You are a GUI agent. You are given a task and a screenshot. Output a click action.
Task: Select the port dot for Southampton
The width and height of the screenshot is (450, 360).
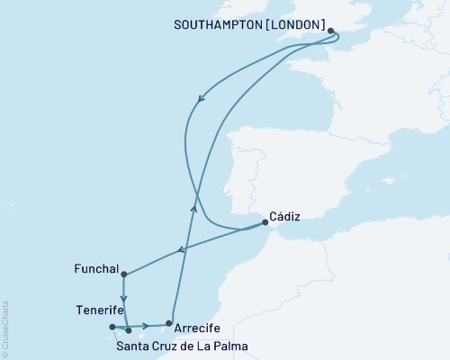(331, 31)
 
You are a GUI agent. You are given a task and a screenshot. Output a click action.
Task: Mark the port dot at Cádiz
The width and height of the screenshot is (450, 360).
(264, 221)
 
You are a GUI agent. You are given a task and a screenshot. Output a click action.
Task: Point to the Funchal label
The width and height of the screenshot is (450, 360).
(96, 268)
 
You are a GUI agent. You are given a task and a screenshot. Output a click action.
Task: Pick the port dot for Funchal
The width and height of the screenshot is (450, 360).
(123, 274)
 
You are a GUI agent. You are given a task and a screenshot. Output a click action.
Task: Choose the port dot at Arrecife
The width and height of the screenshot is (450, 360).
(168, 323)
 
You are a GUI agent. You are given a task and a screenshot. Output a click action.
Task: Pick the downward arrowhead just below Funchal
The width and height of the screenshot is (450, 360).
(124, 299)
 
